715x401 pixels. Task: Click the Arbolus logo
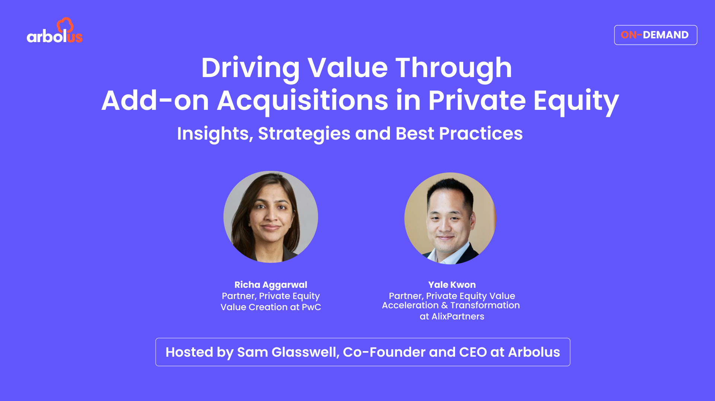click(x=54, y=32)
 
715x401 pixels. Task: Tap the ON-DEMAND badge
click(x=655, y=35)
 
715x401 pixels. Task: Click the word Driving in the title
click(x=250, y=68)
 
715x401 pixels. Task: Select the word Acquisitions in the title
click(x=302, y=101)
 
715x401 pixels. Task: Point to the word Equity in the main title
click(x=576, y=101)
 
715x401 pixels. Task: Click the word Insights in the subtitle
click(x=213, y=133)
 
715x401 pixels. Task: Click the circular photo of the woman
click(x=271, y=217)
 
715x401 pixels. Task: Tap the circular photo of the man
click(x=450, y=219)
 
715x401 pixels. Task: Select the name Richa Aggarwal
click(x=271, y=285)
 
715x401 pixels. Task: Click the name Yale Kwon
click(x=452, y=285)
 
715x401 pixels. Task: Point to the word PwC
click(x=311, y=307)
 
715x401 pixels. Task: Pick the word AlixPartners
click(x=458, y=316)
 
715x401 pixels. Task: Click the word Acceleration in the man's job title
click(x=410, y=305)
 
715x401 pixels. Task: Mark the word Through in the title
click(x=453, y=68)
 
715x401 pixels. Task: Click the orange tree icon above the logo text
click(x=65, y=25)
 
